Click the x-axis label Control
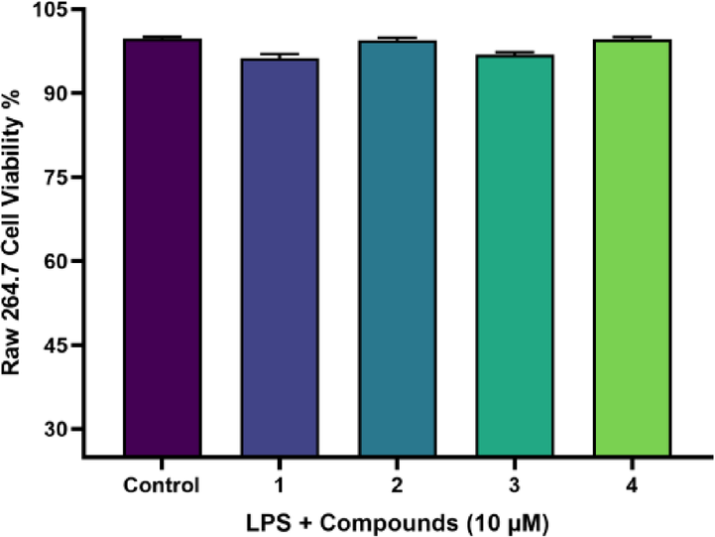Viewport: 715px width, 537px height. click(163, 486)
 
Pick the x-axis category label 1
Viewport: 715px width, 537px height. click(280, 486)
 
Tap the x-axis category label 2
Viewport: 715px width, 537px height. click(397, 486)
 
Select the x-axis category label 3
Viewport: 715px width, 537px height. click(515, 486)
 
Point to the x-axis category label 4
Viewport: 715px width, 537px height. click(632, 486)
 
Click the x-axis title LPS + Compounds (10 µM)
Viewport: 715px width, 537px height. click(397, 521)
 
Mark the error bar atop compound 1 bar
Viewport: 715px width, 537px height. click(280, 56)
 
